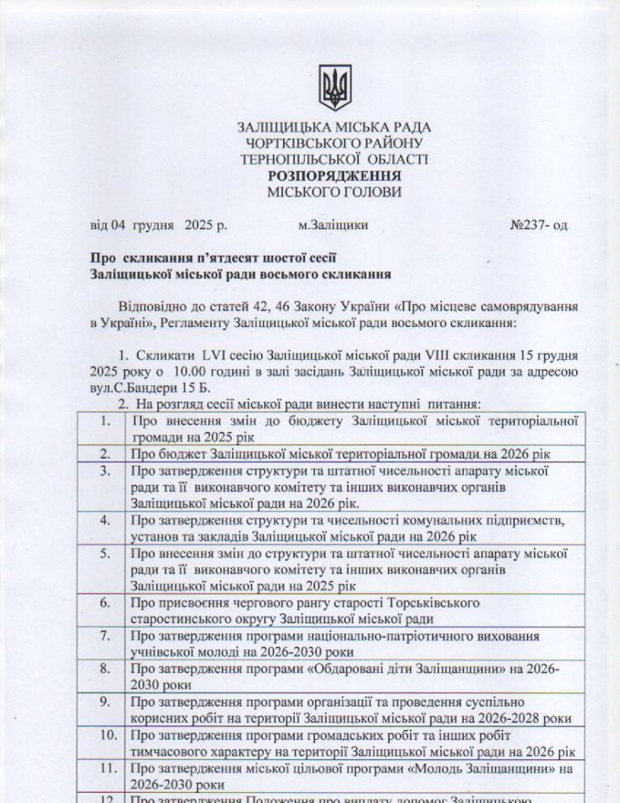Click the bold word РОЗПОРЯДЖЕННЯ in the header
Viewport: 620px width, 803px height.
335,176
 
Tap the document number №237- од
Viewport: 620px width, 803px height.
538,224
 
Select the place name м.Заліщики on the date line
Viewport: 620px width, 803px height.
333,224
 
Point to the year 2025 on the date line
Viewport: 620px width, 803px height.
199,224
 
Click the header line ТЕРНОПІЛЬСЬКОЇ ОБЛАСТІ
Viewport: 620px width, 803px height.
335,159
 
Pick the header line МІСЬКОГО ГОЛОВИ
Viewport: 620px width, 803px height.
335,191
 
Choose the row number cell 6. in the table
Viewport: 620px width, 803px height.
105,603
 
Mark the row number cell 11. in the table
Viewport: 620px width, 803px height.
104,768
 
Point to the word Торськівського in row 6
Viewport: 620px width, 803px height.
435,603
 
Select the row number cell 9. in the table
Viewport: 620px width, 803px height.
105,702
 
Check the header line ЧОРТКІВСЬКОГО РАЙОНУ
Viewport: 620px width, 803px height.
335,143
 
